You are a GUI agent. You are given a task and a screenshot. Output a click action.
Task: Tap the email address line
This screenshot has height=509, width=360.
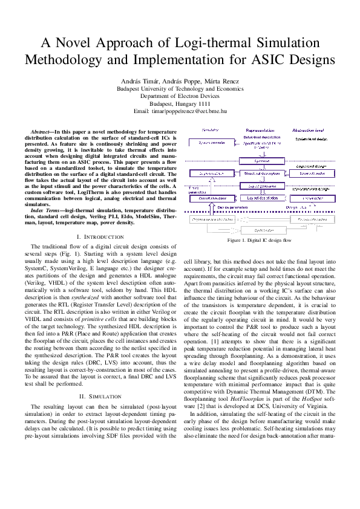coord(180,111)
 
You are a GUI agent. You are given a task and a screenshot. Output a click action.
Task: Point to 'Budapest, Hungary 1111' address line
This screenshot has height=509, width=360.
coord(180,103)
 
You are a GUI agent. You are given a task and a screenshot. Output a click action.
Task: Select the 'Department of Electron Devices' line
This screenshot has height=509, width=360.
coord(180,96)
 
